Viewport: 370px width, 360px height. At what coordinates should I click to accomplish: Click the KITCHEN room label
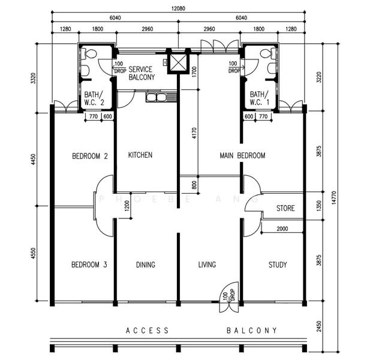pos(140,155)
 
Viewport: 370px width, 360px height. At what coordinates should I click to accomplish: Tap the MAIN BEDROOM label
pos(242,155)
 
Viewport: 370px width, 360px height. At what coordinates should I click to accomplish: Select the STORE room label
pos(285,208)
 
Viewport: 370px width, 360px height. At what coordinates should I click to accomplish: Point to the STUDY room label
pos(278,265)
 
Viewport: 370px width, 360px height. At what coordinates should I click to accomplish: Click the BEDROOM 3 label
pos(89,265)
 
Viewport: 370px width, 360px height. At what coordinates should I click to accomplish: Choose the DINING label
pos(146,265)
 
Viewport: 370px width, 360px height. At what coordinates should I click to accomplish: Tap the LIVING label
pos(207,265)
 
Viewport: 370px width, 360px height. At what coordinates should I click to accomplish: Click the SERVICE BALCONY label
pos(142,73)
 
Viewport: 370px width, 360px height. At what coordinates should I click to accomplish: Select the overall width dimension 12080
pos(178,8)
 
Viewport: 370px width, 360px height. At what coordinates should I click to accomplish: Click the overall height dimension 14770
pos(333,197)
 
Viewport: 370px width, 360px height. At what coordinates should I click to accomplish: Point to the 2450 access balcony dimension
pos(319,326)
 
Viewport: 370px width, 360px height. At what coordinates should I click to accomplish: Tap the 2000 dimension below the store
pos(282,229)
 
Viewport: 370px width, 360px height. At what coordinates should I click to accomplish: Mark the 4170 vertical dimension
pos(194,133)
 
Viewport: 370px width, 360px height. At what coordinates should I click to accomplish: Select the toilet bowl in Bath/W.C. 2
pos(89,54)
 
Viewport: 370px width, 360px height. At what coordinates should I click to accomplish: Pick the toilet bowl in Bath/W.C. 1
pos(268,54)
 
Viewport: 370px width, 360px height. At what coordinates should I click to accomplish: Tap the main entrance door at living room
pos(229,297)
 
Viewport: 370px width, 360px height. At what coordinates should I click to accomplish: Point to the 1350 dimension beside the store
pos(319,206)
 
